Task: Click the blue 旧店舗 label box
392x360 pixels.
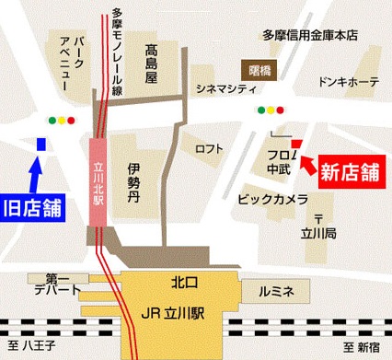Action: (x=31, y=206)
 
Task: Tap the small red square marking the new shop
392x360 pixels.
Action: (x=296, y=143)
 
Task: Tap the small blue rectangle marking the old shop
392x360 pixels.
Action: (x=40, y=145)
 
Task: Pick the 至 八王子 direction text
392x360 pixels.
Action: (x=34, y=347)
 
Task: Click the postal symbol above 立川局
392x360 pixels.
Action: (x=318, y=218)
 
